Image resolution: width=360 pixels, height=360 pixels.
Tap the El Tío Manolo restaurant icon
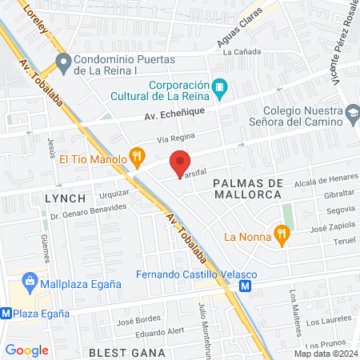click(x=137, y=158)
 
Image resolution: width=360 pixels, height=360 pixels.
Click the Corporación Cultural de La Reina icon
click(x=219, y=86)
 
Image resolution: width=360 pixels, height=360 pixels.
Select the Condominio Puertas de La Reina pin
click(x=62, y=60)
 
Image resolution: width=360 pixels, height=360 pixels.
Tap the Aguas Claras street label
click(x=239, y=37)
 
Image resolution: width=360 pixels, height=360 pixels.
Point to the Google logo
click(x=27, y=350)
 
